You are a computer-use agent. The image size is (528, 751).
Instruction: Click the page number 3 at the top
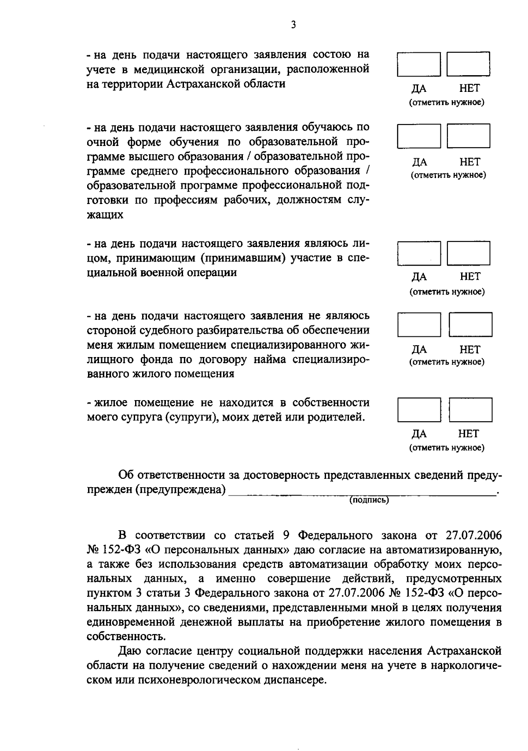coord(293,25)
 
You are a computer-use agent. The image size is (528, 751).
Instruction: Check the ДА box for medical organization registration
coord(418,64)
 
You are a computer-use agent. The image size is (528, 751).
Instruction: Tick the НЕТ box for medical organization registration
coord(469,64)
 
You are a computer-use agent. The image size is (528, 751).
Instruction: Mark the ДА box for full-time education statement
coord(418,136)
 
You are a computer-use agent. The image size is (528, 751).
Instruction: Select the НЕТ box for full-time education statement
coord(469,136)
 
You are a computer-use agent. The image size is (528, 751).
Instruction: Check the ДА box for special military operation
coord(418,253)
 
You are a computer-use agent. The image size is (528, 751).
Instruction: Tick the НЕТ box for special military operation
coord(469,253)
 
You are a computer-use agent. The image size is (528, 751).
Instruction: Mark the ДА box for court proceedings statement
coord(419,325)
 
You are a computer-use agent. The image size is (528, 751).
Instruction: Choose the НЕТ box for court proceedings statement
coord(470,325)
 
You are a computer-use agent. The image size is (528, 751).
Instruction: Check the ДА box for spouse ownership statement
coord(419,410)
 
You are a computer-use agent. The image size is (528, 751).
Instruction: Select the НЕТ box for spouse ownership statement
coord(470,410)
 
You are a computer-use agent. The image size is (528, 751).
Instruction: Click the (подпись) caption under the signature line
coord(369,500)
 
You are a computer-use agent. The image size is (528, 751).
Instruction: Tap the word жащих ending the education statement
coord(105,215)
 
